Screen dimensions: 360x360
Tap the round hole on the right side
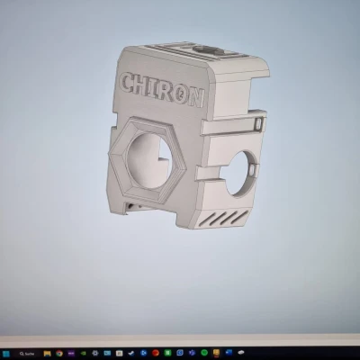[240, 172]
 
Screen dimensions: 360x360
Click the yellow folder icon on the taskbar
[46, 352]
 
